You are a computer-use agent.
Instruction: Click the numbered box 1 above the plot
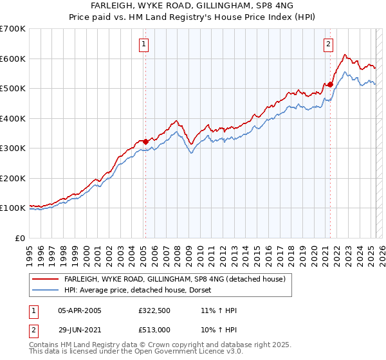142,44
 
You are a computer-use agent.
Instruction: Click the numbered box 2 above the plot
328,44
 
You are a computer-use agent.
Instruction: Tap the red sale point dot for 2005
145,141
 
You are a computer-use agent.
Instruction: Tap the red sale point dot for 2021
330,84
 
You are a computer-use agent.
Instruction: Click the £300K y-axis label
12,148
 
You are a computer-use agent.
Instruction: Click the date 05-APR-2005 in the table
80,310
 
